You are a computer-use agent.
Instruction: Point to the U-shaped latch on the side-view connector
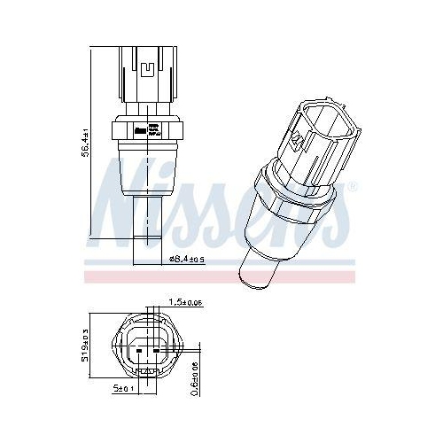point(148,66)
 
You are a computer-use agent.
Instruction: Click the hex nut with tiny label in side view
point(148,132)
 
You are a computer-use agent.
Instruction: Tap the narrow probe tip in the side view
point(147,227)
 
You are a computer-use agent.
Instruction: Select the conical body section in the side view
point(147,173)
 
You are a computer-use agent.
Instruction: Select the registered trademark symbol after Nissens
point(354,184)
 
